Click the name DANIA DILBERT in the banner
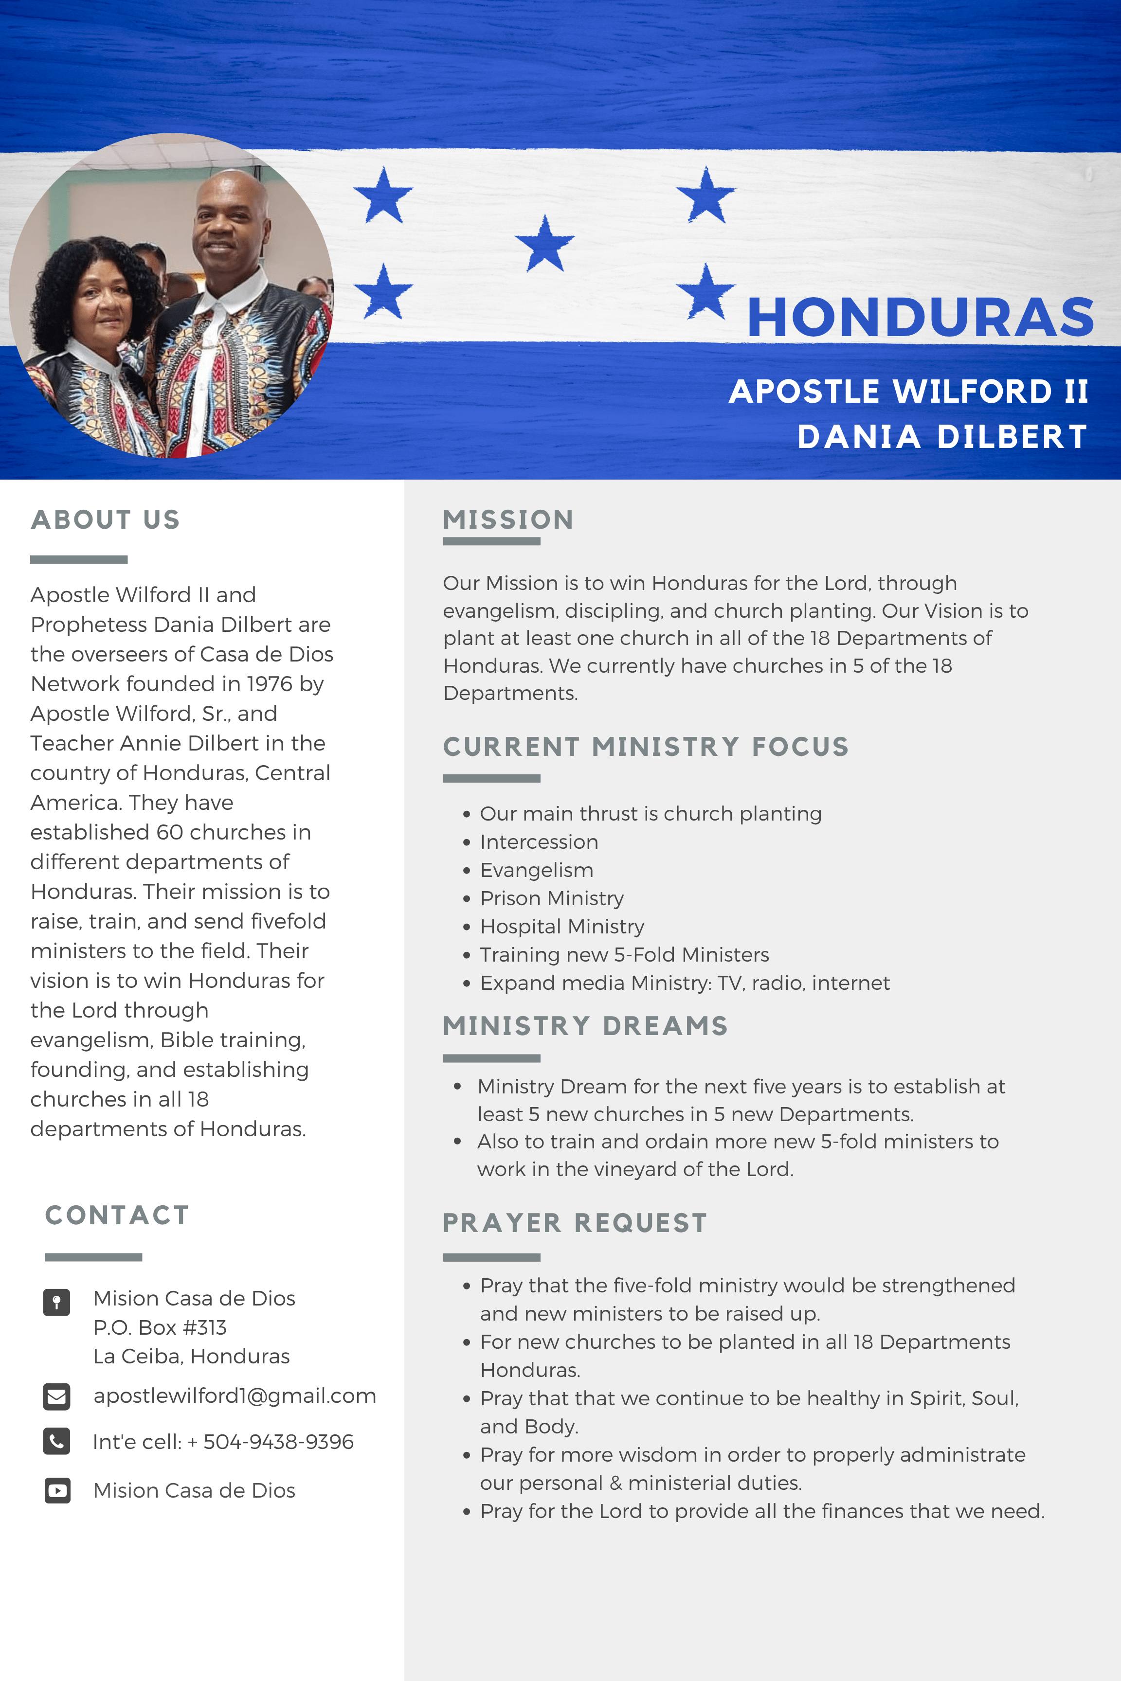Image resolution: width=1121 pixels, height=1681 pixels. tap(942, 437)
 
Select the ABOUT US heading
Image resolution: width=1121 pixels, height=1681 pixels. tap(106, 519)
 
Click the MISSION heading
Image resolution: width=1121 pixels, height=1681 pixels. tap(508, 519)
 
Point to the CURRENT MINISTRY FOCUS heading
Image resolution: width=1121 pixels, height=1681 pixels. tap(646, 747)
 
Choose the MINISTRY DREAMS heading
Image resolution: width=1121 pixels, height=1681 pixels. tap(585, 1026)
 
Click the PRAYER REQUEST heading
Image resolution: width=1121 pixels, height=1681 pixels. tap(575, 1223)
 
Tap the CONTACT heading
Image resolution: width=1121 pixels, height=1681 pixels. tap(117, 1215)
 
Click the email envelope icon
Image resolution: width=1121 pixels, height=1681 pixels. tap(56, 1396)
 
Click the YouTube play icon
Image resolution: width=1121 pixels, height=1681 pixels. tap(57, 1490)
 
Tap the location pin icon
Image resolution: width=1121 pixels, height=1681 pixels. tap(56, 1302)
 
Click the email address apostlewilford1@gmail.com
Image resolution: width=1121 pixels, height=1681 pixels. tap(235, 1396)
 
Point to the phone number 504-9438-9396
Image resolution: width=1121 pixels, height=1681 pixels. tap(278, 1442)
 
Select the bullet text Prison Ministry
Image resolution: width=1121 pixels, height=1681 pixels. tap(552, 898)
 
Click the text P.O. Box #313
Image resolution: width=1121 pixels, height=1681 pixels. tap(160, 1327)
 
